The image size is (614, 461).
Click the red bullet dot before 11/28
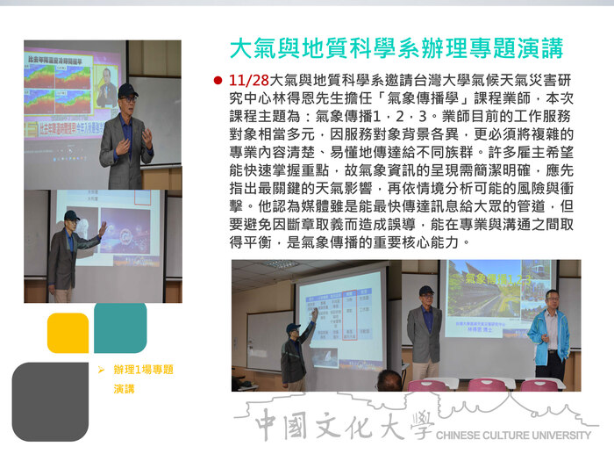point(218,80)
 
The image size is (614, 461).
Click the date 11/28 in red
point(250,80)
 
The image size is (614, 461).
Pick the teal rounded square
point(120,327)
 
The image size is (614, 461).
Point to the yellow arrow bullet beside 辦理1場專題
point(101,370)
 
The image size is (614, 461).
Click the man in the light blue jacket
point(549,335)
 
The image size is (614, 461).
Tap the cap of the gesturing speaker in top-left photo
point(128,90)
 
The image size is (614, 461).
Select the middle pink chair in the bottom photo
point(485,384)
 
